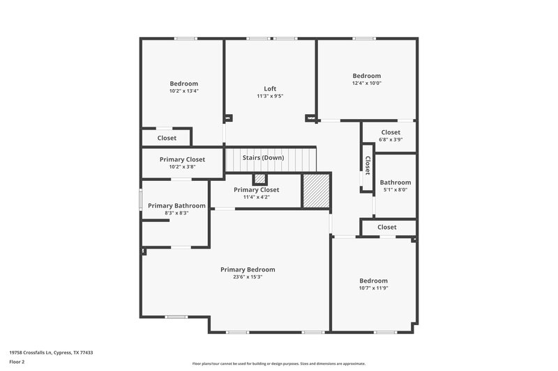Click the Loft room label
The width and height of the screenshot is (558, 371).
coord(270,88)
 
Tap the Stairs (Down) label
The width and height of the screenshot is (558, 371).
coord(263,157)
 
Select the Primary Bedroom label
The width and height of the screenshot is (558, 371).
coord(248,269)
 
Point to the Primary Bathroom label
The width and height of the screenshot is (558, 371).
coord(176,205)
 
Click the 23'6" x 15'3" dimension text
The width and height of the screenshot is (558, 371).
coord(248,277)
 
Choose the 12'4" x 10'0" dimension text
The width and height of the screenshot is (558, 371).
coord(366,84)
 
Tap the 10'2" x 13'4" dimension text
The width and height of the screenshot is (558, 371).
coord(183,91)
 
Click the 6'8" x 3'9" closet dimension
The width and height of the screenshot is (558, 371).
coord(391,140)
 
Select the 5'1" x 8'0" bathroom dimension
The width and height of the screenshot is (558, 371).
coord(395,190)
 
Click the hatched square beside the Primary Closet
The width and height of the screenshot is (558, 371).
coord(314,190)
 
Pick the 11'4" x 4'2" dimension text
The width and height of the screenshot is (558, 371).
coord(256,197)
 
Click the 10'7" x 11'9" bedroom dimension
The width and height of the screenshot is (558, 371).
coord(373,288)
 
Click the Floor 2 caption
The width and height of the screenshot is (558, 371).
coord(17,362)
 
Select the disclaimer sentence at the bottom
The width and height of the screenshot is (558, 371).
coord(278,363)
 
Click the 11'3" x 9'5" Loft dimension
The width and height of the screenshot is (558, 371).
coord(270,96)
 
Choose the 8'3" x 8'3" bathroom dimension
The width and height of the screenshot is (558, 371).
coord(176,213)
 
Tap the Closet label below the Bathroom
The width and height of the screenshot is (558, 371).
coord(387,227)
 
